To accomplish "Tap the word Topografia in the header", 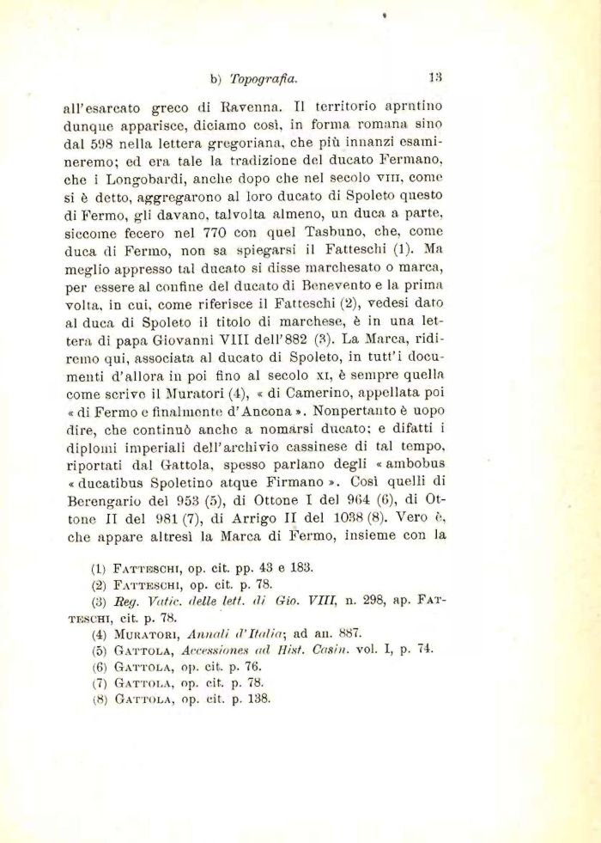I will (264, 78).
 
